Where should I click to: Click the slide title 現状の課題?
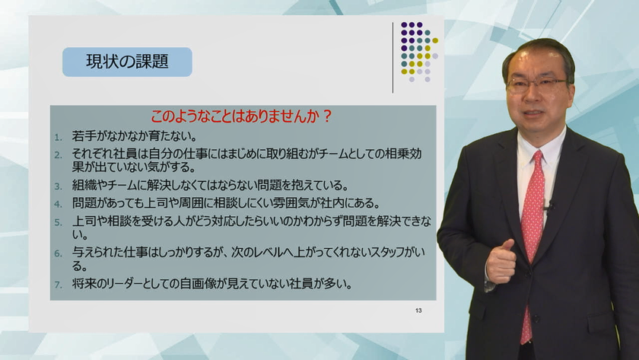pos(127,62)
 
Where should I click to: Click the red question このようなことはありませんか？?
pos(242,116)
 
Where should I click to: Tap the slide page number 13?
pos(418,311)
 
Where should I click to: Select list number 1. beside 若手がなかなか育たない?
pos(59,138)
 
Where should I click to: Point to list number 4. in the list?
pos(59,204)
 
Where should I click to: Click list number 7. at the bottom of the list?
pos(59,285)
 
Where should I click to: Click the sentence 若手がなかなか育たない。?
pos(135,135)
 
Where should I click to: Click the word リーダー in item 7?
pos(121,283)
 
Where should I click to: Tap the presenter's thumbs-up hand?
pos(502,261)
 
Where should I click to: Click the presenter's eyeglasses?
pos(536,84)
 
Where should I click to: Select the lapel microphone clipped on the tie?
pos(548,205)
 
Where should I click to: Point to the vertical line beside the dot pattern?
pos(393,58)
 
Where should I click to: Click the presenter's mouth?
pos(533,113)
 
